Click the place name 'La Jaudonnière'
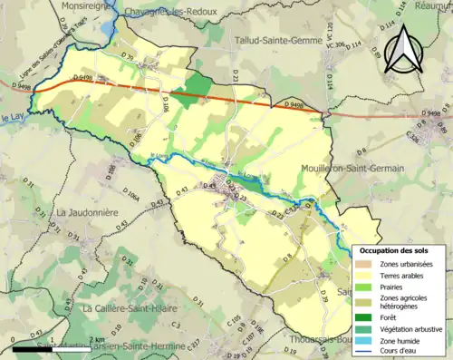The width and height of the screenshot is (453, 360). pyautogui.click(x=89, y=212)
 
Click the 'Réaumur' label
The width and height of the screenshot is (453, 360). pyautogui.click(x=432, y=5)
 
